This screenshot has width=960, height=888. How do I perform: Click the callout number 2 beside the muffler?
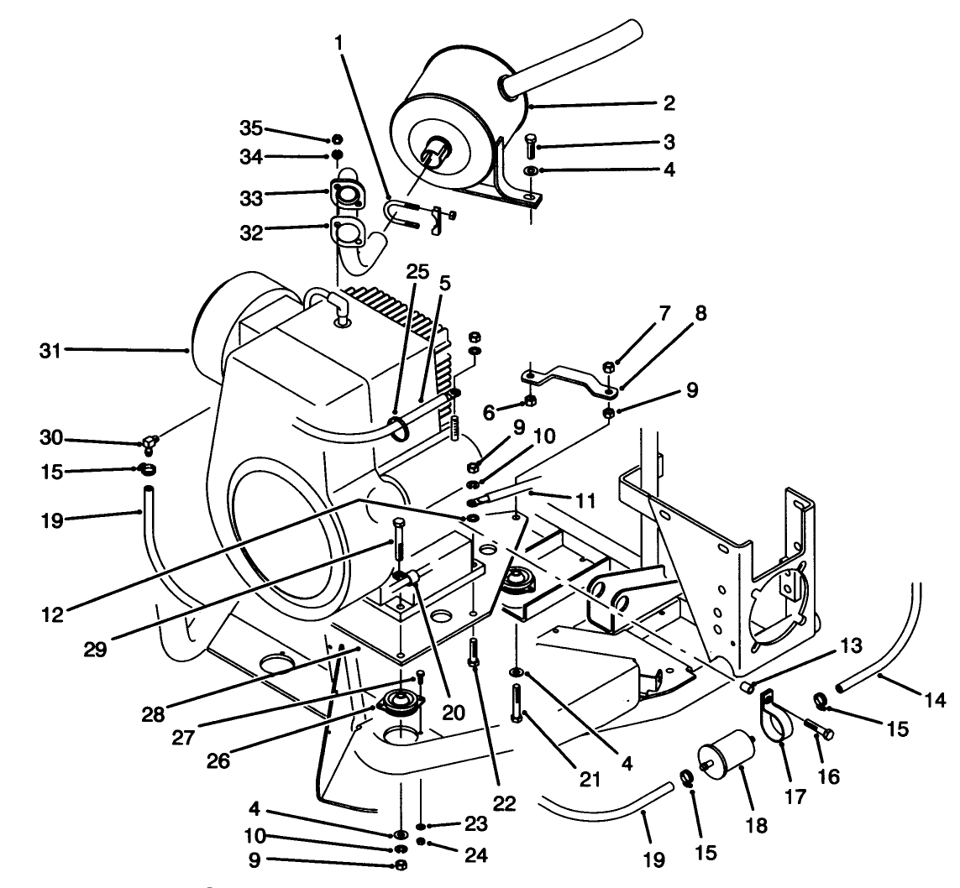(x=669, y=105)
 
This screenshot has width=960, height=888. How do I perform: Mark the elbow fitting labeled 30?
(x=150, y=441)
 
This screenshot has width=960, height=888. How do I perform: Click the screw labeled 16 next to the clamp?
(x=817, y=728)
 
